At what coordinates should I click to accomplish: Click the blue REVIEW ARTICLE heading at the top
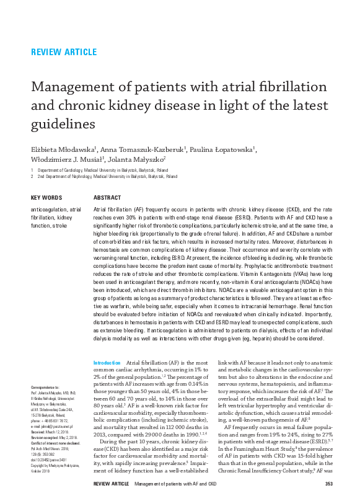tap(63, 51)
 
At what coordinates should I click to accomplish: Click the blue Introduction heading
tap(107, 362)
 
